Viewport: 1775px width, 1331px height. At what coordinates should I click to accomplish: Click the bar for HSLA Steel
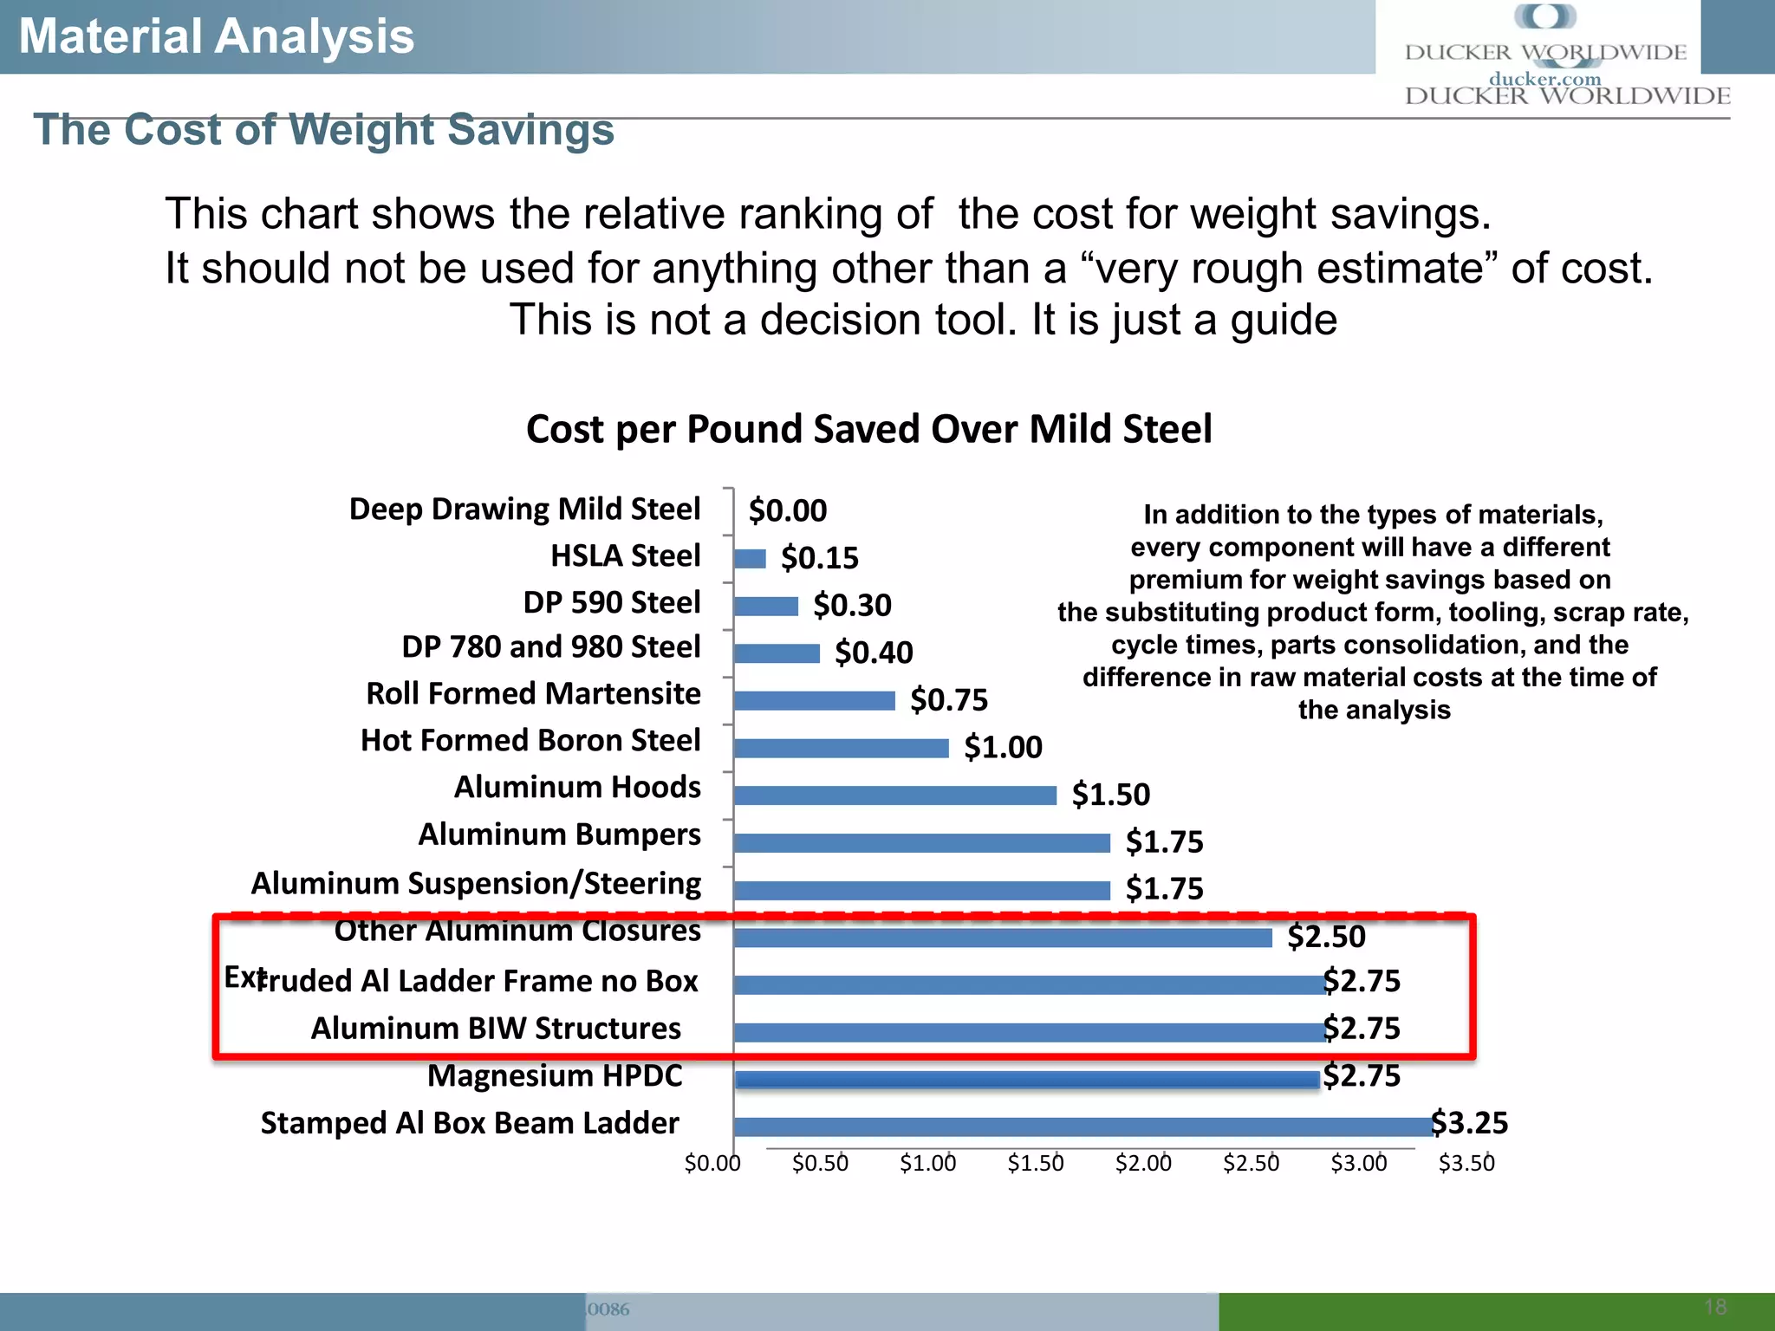pos(750,559)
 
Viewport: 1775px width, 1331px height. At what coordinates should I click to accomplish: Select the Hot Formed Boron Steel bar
pos(841,748)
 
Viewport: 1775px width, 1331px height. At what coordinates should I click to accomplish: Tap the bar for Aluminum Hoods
pos(894,795)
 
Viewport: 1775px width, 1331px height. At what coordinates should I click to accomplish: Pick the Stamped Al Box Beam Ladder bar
pos(1083,1126)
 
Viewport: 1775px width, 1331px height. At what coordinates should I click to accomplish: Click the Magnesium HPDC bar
pos(1027,1080)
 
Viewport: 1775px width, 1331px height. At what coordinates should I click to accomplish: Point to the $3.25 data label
pos(1470,1123)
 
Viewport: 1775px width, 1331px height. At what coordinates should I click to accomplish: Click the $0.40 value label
pos(874,653)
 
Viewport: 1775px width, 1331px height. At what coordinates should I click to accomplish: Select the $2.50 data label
pos(1326,937)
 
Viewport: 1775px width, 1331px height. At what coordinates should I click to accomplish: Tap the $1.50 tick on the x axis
pos(1036,1164)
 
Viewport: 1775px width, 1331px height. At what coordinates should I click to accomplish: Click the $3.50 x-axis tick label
pos(1466,1164)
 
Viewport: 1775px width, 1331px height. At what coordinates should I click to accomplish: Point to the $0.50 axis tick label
pos(820,1164)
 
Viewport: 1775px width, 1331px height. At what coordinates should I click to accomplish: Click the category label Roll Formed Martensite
pos(533,694)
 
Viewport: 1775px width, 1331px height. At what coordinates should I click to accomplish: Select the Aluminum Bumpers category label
pos(559,834)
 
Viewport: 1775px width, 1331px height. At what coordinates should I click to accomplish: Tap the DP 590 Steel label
pos(611,602)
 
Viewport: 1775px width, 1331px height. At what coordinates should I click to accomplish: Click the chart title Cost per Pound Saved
pos(868,430)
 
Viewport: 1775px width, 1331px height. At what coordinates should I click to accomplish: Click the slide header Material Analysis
pos(217,36)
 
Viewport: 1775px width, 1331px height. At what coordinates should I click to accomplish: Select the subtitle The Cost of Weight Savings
pos(323,130)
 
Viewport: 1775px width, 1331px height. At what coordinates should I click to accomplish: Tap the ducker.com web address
pos(1544,79)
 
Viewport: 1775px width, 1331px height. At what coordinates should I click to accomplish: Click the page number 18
pos(1715,1307)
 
